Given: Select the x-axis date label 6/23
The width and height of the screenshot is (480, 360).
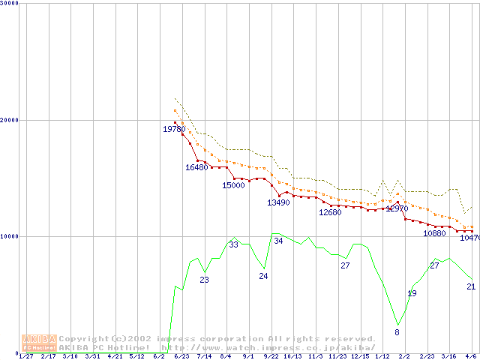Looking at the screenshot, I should pyautogui.click(x=181, y=356).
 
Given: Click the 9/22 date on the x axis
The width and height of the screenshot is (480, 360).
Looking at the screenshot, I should pyautogui.click(x=271, y=356).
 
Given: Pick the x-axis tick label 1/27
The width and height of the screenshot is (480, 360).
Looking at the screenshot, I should pyautogui.click(x=25, y=356).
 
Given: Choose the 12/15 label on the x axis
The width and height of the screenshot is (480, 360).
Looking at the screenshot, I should pyautogui.click(x=360, y=356).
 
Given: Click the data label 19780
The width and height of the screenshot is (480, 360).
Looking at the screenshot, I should pyautogui.click(x=174, y=129).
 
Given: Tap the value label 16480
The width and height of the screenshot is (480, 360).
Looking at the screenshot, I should pyautogui.click(x=196, y=167).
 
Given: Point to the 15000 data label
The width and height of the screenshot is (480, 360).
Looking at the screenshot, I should pyautogui.click(x=233, y=185).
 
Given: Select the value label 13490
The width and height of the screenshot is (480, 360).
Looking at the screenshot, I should pyautogui.click(x=278, y=202).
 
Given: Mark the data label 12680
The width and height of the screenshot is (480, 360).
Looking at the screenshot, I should pyautogui.click(x=330, y=212).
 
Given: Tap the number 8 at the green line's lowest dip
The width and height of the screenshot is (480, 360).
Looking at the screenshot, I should pyautogui.click(x=397, y=332).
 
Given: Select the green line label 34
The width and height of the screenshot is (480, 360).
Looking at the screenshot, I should pyautogui.click(x=278, y=241).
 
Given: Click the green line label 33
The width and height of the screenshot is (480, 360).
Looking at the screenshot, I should pyautogui.click(x=233, y=244).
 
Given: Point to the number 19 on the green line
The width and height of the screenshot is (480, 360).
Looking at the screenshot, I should pyautogui.click(x=412, y=293).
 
